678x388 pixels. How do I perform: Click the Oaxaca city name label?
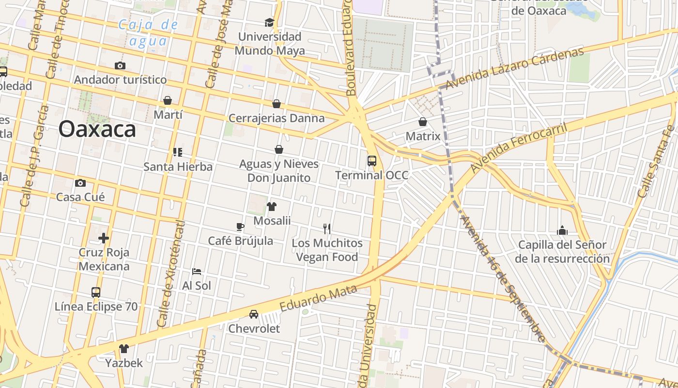(97, 129)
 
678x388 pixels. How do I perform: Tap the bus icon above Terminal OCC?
(372, 161)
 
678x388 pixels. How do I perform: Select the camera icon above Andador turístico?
(120, 65)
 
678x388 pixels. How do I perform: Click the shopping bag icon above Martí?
(168, 100)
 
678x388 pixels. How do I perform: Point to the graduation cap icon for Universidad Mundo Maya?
(269, 22)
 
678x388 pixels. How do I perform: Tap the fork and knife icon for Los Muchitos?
(327, 228)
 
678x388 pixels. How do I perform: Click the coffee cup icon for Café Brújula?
(240, 226)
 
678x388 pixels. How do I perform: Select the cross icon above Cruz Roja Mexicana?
(104, 238)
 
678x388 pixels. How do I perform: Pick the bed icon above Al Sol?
(197, 272)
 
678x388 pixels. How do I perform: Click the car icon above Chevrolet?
(254, 314)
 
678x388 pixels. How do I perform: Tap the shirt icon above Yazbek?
(124, 348)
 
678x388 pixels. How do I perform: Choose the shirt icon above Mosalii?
(272, 207)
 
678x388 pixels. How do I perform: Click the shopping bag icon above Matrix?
(423, 122)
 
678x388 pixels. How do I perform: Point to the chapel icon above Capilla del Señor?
(562, 230)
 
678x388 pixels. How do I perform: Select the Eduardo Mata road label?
(318, 298)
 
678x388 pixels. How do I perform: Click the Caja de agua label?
(148, 32)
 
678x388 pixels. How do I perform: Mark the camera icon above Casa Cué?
(80, 183)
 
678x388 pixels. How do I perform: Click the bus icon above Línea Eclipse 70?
(96, 292)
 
